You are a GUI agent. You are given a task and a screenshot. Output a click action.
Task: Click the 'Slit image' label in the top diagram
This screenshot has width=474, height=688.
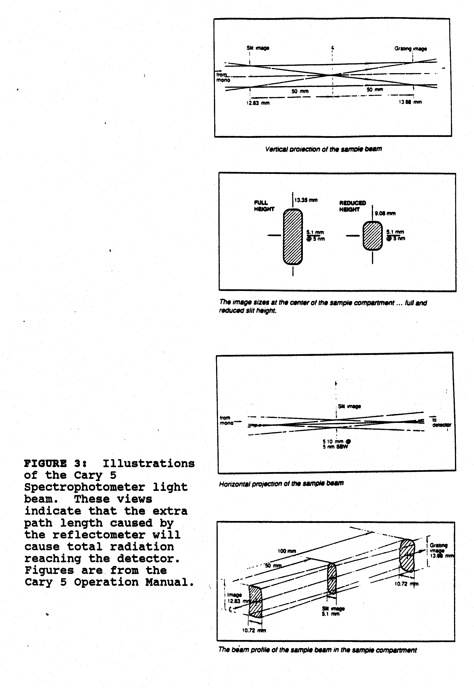point(258,48)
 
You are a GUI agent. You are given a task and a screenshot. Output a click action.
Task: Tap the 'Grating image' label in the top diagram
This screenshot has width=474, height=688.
point(411,49)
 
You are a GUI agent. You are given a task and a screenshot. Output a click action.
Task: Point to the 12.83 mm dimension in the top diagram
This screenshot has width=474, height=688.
point(258,103)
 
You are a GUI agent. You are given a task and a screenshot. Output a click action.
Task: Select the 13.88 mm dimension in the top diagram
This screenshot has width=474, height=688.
point(410,102)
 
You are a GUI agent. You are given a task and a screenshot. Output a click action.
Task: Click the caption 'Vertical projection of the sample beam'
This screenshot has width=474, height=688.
point(324,149)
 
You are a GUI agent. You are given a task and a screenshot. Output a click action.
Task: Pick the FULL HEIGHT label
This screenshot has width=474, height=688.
point(264,206)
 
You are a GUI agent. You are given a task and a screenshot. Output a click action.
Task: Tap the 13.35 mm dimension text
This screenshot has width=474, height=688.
point(306,200)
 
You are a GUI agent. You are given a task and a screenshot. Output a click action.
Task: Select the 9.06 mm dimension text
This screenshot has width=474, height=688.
point(385,213)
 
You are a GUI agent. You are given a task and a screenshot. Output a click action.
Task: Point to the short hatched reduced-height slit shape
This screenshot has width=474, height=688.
point(372,236)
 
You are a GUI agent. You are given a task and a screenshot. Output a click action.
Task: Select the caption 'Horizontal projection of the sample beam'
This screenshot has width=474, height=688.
point(281,484)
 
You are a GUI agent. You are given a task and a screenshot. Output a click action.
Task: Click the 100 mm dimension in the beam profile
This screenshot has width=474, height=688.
point(287,551)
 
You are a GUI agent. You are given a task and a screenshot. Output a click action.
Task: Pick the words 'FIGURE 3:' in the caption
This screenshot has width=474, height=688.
point(55,464)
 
